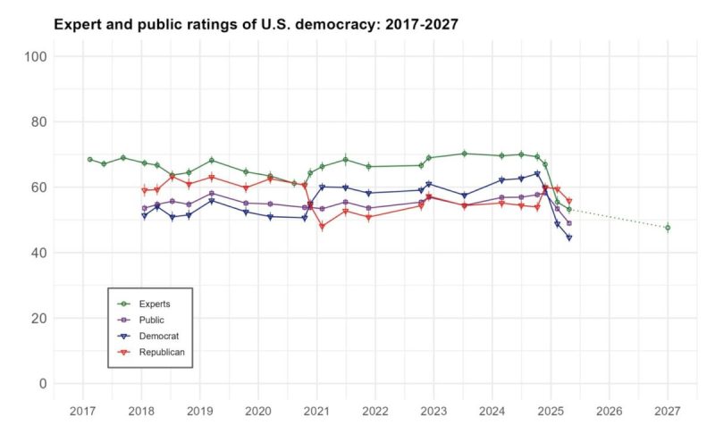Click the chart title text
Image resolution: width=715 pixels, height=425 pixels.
256,24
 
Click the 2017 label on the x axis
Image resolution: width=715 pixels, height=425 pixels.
82,411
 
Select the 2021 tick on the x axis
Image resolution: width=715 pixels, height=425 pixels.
316,411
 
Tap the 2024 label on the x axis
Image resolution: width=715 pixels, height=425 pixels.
492,411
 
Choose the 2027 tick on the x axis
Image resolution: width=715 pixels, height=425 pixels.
668,411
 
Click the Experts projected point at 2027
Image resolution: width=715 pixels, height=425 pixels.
668,228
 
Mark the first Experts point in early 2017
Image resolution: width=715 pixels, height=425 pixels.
89,159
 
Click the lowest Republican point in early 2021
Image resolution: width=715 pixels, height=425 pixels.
322,227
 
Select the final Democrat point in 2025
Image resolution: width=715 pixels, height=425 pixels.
568,237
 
